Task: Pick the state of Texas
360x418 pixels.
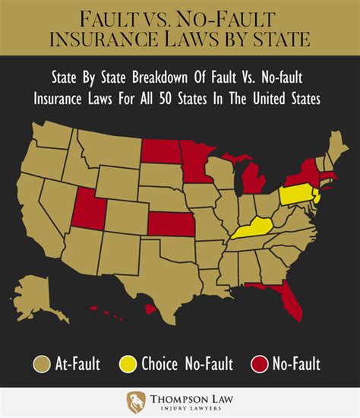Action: click(x=156, y=281)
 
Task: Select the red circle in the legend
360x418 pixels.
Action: click(x=260, y=365)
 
